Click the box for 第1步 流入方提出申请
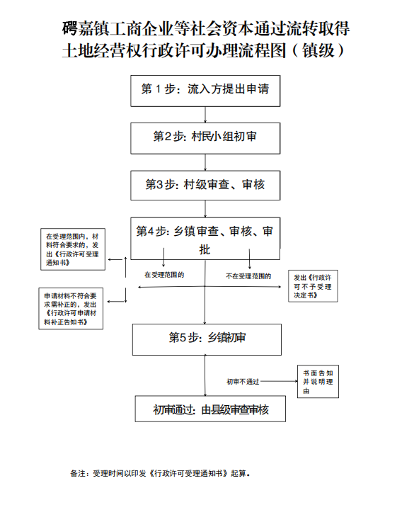tap(205, 91)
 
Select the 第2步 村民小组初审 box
tap(205, 138)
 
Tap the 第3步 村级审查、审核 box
tap(205, 186)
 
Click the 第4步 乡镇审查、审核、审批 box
tap(205, 239)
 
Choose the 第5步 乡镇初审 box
tap(207, 339)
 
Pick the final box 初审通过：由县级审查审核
tap(210, 409)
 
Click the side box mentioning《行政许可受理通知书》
tap(73, 249)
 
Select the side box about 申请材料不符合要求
tap(71, 309)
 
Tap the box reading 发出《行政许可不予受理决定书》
tap(313, 286)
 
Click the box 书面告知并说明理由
tap(318, 382)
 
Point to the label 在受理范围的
tap(164, 275)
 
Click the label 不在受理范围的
tap(248, 276)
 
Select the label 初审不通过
tap(243, 382)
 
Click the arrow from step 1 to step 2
tap(205, 115)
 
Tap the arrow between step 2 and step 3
tap(205, 162)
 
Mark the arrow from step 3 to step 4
tap(205, 209)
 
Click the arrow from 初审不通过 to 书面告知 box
tap(279, 381)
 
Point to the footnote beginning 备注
tap(160, 473)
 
